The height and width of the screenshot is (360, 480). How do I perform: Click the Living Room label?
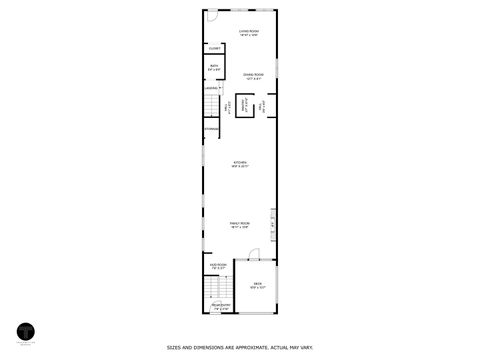tap(249, 32)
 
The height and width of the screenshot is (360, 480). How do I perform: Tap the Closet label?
tap(215, 48)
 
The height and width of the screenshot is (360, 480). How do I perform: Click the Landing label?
tap(212, 88)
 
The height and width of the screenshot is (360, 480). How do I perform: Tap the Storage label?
tap(212, 128)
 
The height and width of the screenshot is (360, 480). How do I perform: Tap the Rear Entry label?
tap(221, 306)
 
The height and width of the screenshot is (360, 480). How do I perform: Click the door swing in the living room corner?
tap(212, 16)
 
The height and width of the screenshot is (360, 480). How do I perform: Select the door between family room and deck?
tap(254, 253)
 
